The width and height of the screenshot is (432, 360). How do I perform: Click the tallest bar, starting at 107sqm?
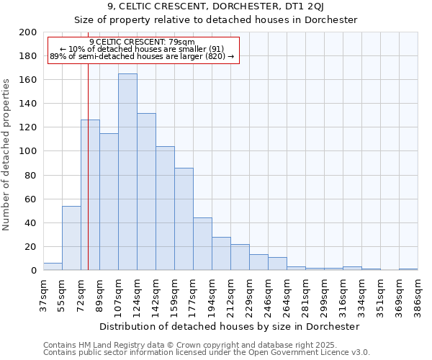pyautogui.click(x=127, y=172)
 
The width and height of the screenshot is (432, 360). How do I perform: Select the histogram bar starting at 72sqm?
pyautogui.click(x=90, y=195)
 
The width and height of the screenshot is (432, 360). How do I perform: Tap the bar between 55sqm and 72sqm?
pyautogui.click(x=71, y=238)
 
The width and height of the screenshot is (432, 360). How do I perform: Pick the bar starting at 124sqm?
pyautogui.click(x=146, y=192)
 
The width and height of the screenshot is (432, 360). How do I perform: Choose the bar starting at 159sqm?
pyautogui.click(x=184, y=219)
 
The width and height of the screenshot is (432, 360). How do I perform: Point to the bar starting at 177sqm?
pyautogui.click(x=202, y=244)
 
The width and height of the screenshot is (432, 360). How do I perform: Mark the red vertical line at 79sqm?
pyautogui.click(x=88, y=180)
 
